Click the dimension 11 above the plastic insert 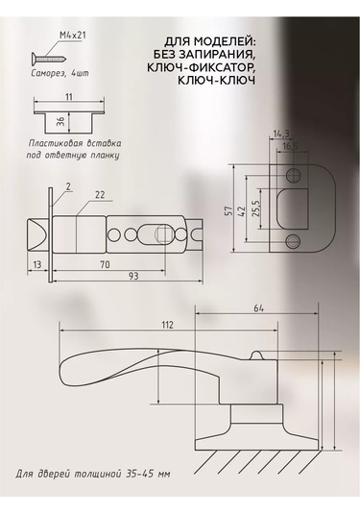pyautogui.click(x=66, y=97)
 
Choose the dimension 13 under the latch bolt pyautogui.click(x=36, y=261)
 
